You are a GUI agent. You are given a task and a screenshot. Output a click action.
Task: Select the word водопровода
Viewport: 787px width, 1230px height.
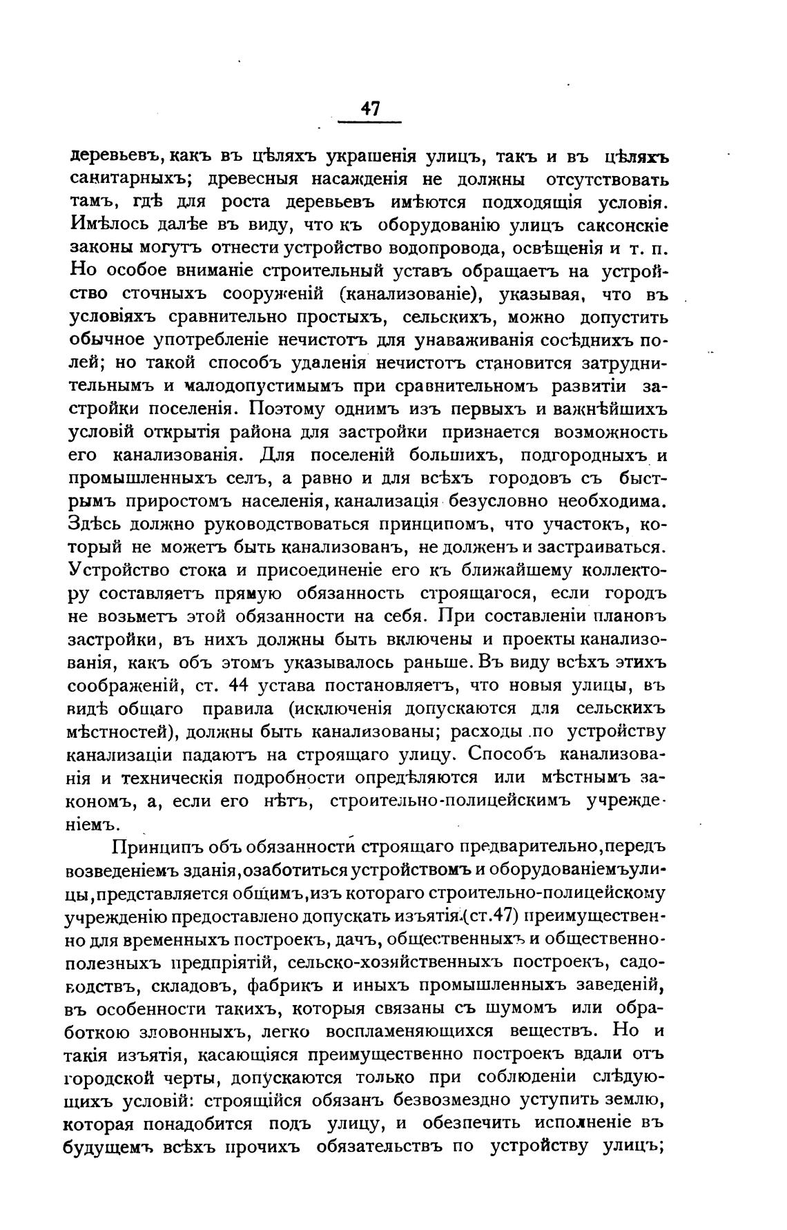point(432,248)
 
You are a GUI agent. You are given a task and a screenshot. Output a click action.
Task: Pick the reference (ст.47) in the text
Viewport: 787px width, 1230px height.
point(491,917)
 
